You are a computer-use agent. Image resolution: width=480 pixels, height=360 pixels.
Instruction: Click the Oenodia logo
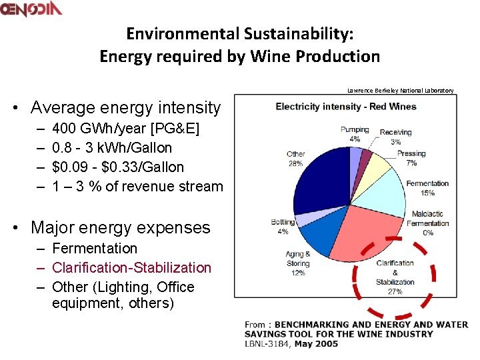point(31,9)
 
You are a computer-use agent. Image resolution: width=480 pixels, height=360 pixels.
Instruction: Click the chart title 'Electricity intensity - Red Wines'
point(345,106)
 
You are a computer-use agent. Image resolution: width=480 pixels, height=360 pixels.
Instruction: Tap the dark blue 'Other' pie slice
point(320,183)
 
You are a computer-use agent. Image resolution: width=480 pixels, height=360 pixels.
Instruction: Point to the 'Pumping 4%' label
point(355,134)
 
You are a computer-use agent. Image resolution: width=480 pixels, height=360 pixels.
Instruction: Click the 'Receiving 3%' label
point(395,137)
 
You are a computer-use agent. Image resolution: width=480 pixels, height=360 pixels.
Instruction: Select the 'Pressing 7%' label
point(411,158)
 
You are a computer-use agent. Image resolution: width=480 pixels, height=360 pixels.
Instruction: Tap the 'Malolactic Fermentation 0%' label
point(427,223)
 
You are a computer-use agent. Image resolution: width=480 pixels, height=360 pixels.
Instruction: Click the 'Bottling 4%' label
point(283,227)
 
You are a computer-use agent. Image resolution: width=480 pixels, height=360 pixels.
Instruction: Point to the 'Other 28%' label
point(295,159)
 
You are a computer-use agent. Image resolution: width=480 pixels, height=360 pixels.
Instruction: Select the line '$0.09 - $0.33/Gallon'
point(118,167)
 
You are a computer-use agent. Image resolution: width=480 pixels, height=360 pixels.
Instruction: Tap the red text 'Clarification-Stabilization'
point(131,267)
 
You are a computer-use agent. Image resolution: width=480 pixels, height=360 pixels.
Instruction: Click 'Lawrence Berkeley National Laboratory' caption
point(400,90)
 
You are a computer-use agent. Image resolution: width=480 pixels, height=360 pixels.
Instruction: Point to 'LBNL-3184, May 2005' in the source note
point(291,344)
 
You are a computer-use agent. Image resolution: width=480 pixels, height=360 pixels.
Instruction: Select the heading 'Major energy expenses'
point(120,227)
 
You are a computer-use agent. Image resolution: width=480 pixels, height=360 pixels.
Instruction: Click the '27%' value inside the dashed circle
point(395,291)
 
